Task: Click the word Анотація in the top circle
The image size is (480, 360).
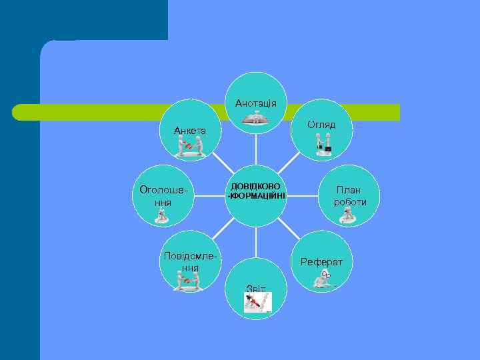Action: coord(256,103)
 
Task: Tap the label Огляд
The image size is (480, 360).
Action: coord(321,125)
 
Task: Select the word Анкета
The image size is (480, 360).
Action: coord(190,130)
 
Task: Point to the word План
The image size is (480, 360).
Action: coord(349,190)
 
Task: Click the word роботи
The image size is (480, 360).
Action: coord(350,202)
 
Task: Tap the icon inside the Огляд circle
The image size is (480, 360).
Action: coord(324,144)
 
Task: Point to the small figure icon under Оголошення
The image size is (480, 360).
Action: coord(161,215)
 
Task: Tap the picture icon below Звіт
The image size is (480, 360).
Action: coord(257,303)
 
